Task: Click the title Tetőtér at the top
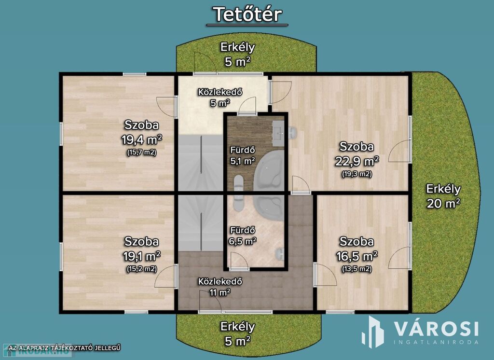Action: [247, 14]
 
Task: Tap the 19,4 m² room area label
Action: [142, 139]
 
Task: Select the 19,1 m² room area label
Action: [142, 256]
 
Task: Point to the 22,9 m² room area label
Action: [357, 161]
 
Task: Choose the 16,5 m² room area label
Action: [357, 256]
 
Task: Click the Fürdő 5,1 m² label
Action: [243, 156]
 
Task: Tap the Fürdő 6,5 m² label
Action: [243, 235]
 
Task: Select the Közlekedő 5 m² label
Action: [220, 97]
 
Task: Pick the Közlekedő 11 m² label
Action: [220, 287]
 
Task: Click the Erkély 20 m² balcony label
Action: [443, 196]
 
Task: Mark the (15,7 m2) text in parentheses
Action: [142, 152]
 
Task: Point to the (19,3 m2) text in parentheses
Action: [357, 174]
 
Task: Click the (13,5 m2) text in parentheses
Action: [357, 269]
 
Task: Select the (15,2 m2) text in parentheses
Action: [142, 269]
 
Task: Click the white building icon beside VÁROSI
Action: [373, 332]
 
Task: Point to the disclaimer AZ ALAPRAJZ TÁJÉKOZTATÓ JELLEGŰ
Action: [65, 348]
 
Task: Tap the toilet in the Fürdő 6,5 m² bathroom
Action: [279, 253]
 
